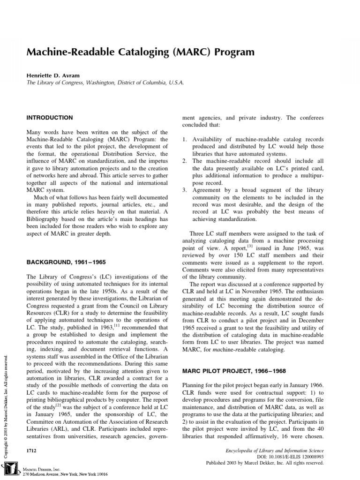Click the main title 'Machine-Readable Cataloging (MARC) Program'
(x=141, y=52)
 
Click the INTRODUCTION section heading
(x=50, y=118)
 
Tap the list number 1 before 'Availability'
(x=184, y=139)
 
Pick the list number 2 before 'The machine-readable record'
(x=184, y=161)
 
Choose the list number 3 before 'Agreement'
(x=184, y=190)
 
